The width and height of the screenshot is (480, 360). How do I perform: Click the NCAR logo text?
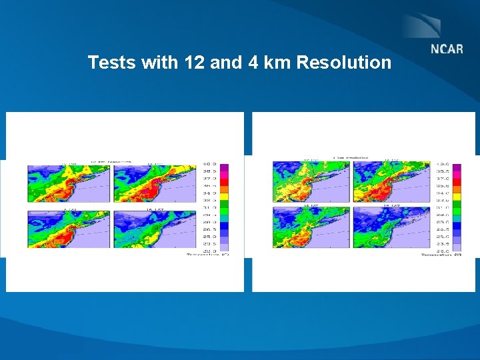pos(446,51)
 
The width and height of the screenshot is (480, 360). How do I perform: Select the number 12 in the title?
pos(192,63)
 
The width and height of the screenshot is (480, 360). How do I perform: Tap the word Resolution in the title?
pos(344,63)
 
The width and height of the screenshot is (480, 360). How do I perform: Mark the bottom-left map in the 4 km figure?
pos(311,229)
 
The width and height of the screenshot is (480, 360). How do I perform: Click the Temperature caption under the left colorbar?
pos(207,255)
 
